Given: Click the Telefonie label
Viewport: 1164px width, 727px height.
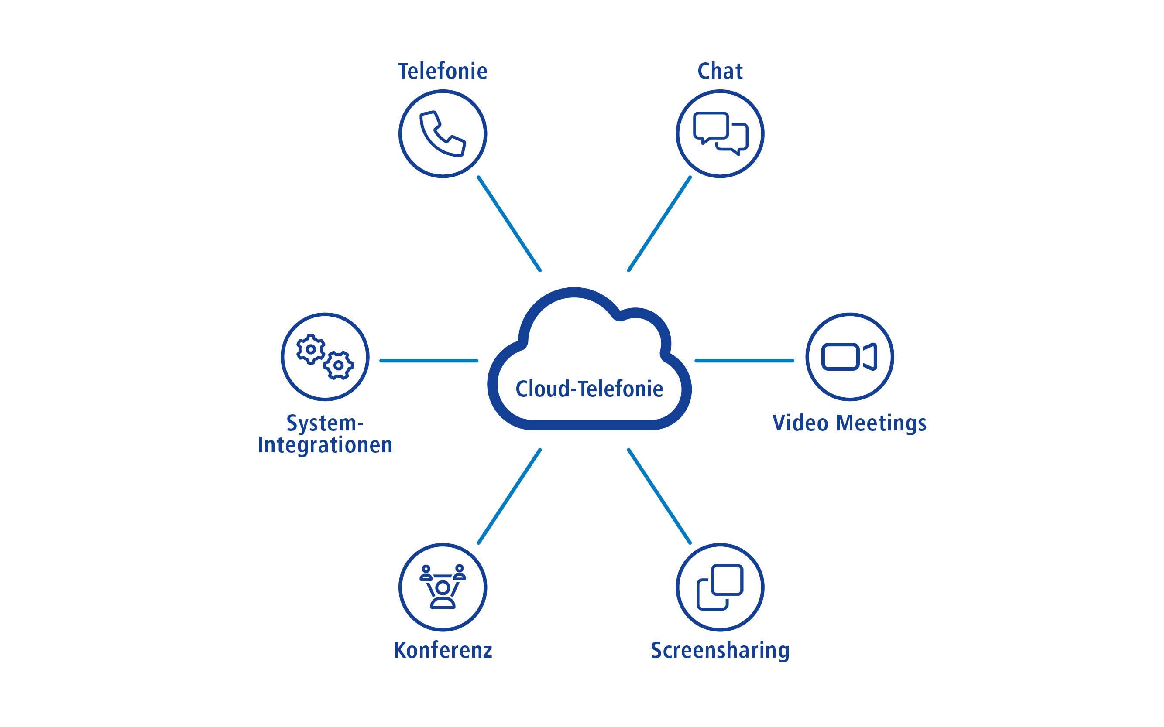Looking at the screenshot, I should tap(442, 71).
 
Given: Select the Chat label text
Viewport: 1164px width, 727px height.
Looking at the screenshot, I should tap(720, 71).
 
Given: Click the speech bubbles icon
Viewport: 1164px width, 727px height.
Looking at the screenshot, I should tap(720, 133).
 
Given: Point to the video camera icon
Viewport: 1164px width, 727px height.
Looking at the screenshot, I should tap(849, 357).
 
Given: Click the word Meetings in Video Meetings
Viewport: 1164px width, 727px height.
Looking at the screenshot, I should tap(881, 423).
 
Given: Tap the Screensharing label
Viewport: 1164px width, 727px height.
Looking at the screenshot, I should tap(720, 650).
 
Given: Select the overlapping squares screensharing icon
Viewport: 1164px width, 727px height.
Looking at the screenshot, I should tap(720, 587).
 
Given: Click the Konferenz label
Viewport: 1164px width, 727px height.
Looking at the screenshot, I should tap(443, 650).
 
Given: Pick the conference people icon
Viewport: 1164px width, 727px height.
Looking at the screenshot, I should tap(443, 587).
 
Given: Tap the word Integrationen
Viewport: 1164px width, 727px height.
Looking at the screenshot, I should tap(325, 445).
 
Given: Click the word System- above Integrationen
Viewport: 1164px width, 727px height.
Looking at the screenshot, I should tap(325, 423).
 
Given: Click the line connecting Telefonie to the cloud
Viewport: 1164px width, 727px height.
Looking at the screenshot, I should tap(509, 224).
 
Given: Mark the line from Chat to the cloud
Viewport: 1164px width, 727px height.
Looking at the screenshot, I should tap(659, 224).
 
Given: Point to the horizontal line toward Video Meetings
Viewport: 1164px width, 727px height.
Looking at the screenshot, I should tap(744, 360).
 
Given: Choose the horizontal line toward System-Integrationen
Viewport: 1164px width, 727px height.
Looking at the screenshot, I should tap(429, 360).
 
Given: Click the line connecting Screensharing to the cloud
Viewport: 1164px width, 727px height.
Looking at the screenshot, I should tap(659, 496).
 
